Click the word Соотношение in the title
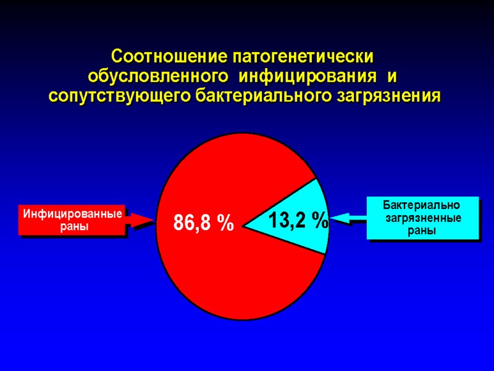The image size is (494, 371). coord(169,56)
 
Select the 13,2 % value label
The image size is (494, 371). coord(298,220)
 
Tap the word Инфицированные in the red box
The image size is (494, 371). coord(72,215)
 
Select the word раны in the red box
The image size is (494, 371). coord(72,226)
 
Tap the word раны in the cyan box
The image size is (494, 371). coord(422,231)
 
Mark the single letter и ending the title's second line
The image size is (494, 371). coord(390,77)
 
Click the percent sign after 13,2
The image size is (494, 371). coord(320,220)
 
